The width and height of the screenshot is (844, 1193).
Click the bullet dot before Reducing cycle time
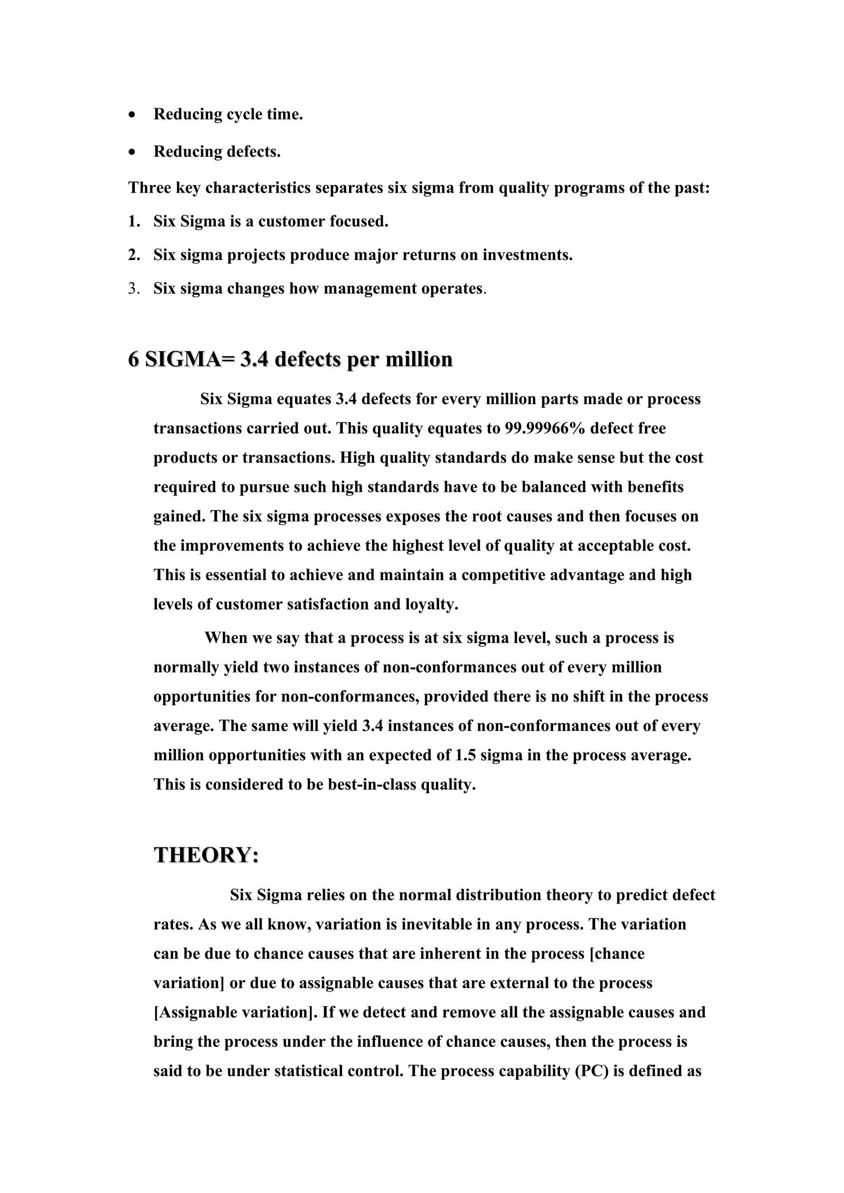[x=134, y=115]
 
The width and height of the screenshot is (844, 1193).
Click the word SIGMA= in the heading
[x=190, y=359]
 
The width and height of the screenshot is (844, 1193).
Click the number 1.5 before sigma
[x=465, y=755]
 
